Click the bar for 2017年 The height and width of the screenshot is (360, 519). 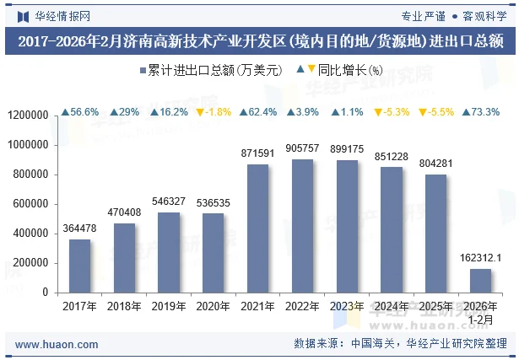(79, 266)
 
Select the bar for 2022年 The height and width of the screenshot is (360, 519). (302, 226)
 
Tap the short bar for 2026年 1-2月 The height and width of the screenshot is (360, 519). (480, 281)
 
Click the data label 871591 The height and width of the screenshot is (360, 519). (257, 153)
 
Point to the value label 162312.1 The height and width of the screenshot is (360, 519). (480, 258)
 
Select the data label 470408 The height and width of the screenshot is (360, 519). (124, 212)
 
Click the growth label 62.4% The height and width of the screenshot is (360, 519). (257, 112)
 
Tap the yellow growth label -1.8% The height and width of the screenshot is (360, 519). (214, 112)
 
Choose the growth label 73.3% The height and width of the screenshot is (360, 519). (480, 112)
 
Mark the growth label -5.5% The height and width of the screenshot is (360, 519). (435, 112)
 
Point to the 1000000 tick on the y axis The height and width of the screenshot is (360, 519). (30, 145)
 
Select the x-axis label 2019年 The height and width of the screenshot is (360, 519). (169, 306)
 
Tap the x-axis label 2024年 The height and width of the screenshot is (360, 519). (391, 306)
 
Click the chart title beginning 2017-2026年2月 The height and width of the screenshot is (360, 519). (259, 40)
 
